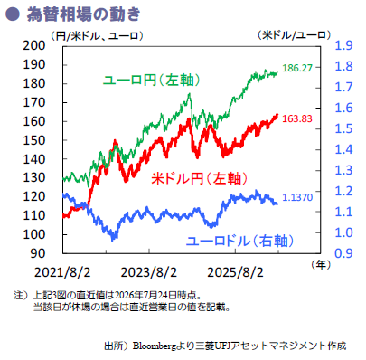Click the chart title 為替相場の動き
83,14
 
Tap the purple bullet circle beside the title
13,14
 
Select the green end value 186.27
297,68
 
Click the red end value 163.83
297,118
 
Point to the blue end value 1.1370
297,197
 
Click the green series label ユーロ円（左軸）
152,81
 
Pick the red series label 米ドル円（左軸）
199,178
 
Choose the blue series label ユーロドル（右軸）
239,241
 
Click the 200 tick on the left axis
34,45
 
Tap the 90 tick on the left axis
38,253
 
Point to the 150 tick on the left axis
34,140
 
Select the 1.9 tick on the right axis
343,45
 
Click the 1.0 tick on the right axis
343,232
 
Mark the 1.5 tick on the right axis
343,128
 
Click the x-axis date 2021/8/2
62,273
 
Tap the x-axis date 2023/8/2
149,273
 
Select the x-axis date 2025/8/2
235,273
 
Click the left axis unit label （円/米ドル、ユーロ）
97,36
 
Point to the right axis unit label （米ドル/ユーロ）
294,35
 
